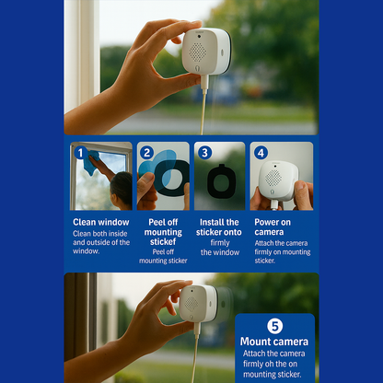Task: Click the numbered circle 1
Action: pyautogui.click(x=80, y=153)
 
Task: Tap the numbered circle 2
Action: pyautogui.click(x=146, y=153)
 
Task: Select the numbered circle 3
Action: pyautogui.click(x=204, y=153)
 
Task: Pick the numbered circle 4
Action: pyautogui.click(x=261, y=153)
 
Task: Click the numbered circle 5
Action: pyautogui.click(x=274, y=326)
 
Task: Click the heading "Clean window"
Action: pyautogui.click(x=101, y=222)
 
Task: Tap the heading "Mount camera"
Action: pyautogui.click(x=274, y=342)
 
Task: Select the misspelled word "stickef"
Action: pyautogui.click(x=163, y=242)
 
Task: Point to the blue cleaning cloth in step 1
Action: pyautogui.click(x=91, y=162)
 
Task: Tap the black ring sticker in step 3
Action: pyautogui.click(x=221, y=181)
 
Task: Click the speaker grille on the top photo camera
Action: pyautogui.click(x=198, y=52)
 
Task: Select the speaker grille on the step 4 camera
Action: pyautogui.click(x=273, y=178)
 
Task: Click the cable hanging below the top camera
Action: pyautogui.click(x=203, y=108)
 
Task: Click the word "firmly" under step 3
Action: pyautogui.click(x=220, y=243)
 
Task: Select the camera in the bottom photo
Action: pyautogui.click(x=198, y=304)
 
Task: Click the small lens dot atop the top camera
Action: pyautogui.click(x=200, y=36)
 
